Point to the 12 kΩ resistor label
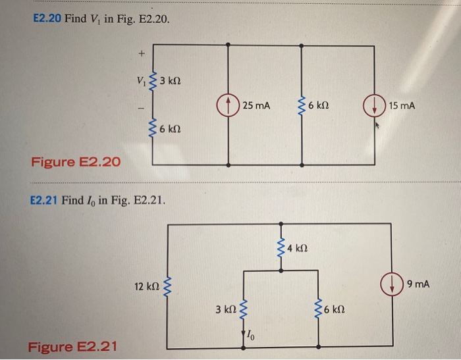pyautogui.click(x=146, y=286)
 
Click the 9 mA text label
pyautogui.click(x=418, y=284)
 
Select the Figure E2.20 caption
pyautogui.click(x=76, y=161)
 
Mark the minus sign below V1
pyautogui.click(x=140, y=107)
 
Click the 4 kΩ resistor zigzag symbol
pyautogui.click(x=283, y=248)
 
